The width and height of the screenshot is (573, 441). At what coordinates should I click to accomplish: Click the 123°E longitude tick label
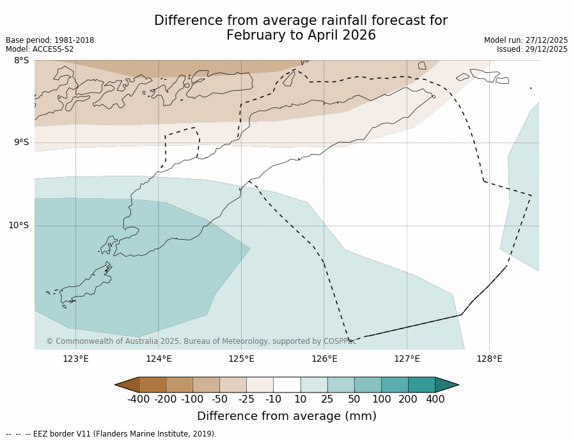pos(75,359)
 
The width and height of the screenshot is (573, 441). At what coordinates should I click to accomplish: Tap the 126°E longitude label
pos(324,359)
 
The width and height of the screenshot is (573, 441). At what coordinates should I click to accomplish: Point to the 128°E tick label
pos(489,359)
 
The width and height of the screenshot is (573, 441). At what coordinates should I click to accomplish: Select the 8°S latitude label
pos(21,61)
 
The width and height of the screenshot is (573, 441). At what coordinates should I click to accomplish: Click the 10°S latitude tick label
pos(19,225)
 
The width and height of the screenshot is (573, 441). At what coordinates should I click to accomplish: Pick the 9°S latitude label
pos(21,143)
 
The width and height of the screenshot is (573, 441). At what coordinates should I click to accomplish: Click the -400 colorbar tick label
pos(138,399)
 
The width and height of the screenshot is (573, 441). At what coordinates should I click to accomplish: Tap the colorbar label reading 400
pos(435,399)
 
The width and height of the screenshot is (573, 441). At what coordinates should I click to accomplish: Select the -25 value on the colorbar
pos(246,399)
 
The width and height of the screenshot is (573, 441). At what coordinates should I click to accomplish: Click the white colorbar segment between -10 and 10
pos(286,384)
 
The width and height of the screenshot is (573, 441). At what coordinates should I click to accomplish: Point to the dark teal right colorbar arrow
pos(446,384)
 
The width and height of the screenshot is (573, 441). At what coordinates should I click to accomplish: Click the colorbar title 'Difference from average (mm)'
pos(286,416)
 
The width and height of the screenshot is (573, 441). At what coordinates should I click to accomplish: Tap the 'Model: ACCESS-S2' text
pos(40,49)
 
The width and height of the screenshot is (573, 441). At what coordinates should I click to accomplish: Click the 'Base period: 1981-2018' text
pos(50,40)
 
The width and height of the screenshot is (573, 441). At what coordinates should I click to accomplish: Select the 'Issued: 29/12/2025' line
pos(532,49)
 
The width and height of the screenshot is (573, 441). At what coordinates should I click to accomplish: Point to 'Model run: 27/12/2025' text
pos(526,40)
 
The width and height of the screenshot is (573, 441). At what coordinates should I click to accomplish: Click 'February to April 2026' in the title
pos(301,35)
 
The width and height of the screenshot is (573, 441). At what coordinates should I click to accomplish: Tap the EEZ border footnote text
pos(111,434)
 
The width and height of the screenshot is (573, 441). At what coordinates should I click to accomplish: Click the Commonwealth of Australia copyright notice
pos(201,341)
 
